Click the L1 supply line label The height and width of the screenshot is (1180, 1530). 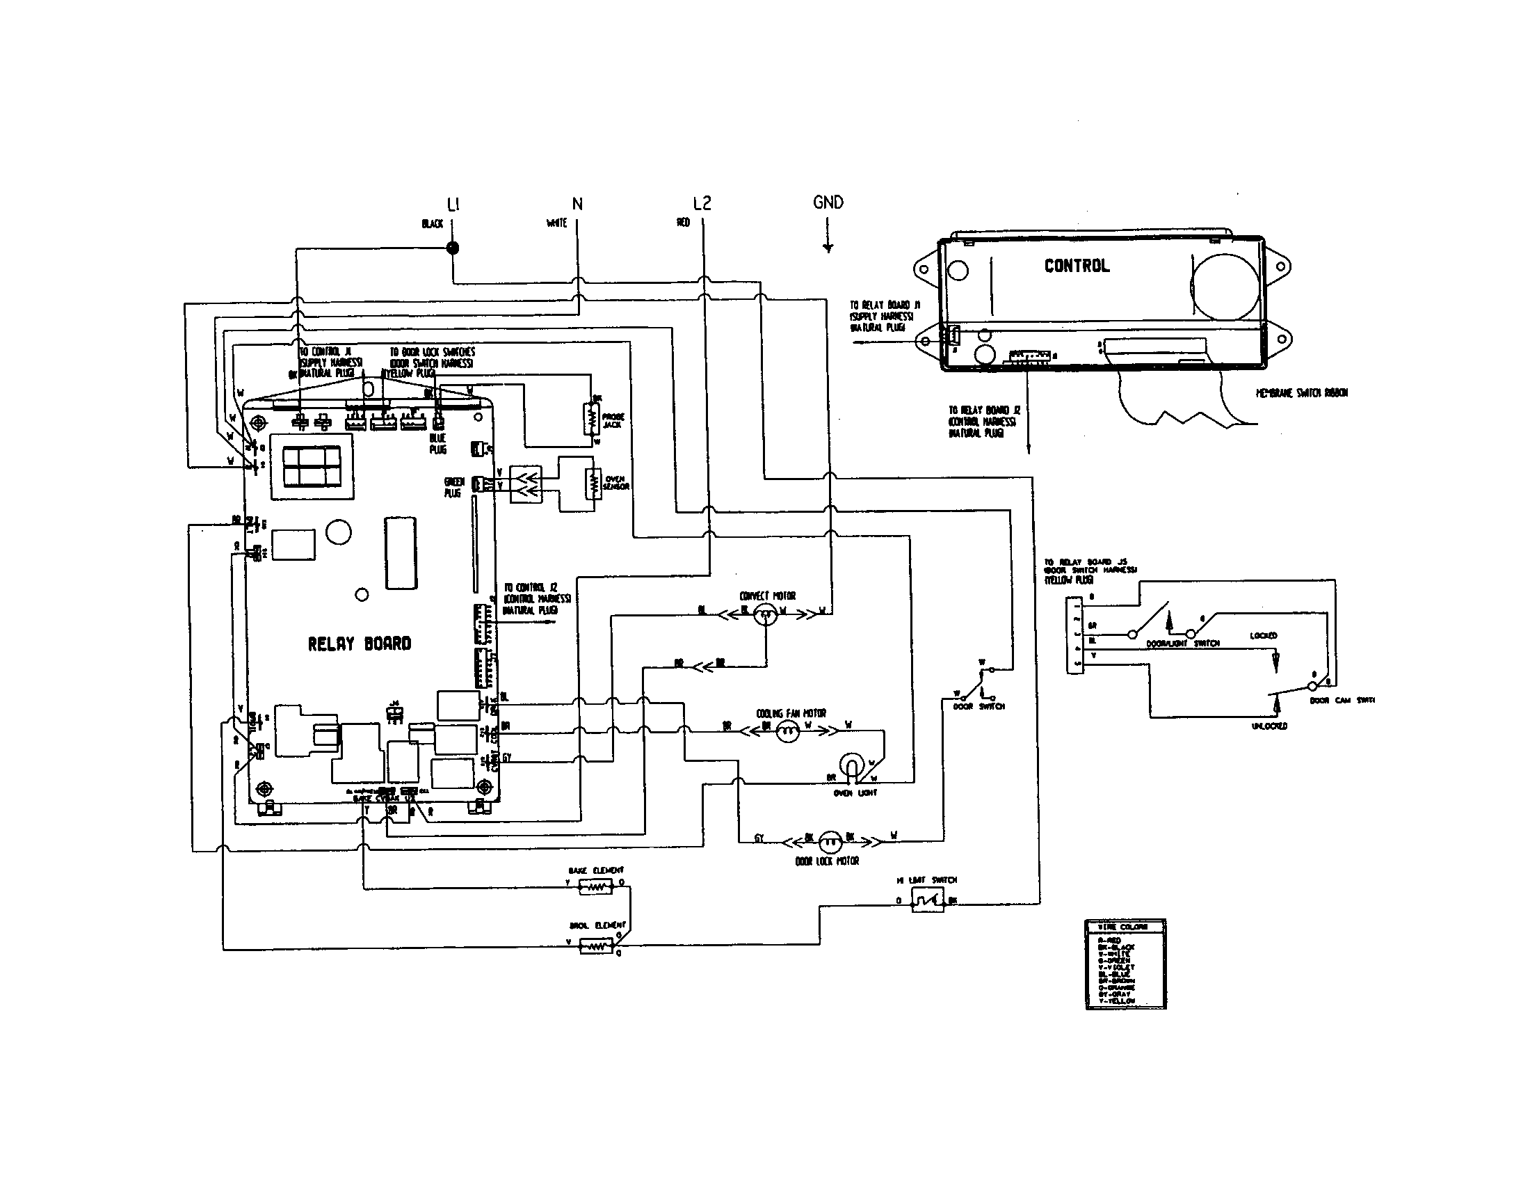(x=453, y=204)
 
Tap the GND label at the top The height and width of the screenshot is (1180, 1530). (x=828, y=202)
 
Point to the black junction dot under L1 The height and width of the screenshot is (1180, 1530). (x=453, y=248)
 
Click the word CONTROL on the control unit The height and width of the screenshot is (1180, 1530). (x=1077, y=266)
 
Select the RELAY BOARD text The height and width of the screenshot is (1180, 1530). (x=360, y=644)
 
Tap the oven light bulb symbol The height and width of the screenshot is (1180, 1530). (x=852, y=766)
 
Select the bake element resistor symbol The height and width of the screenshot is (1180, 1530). (x=595, y=887)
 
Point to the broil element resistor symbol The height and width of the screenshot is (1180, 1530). (x=595, y=948)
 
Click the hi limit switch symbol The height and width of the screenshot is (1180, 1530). (x=927, y=899)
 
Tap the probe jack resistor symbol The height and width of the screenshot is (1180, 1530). (x=592, y=420)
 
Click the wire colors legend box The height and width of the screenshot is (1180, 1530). (x=1125, y=964)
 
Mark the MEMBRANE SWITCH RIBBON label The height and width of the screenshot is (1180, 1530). (x=1301, y=393)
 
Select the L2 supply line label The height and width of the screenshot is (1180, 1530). (x=702, y=203)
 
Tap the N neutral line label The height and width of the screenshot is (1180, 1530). (x=577, y=204)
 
